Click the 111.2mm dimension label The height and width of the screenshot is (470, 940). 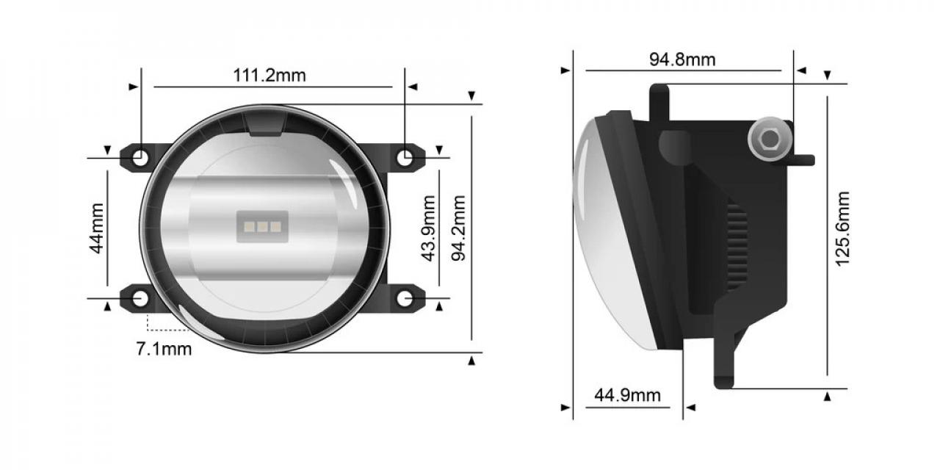pos(270,75)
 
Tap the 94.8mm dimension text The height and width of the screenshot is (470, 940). pos(681,59)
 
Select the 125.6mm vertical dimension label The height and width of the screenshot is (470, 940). pos(842,228)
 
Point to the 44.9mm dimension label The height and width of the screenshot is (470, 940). pos(627,396)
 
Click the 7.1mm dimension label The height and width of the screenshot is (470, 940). pos(164,349)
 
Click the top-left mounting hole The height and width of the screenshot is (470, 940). pos(140,156)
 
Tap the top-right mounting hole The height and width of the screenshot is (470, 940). pos(404,156)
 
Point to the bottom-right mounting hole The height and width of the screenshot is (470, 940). pos(404,298)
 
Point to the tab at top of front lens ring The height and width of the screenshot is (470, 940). pos(265,126)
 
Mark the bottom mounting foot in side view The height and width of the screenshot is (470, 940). pos(723,367)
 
